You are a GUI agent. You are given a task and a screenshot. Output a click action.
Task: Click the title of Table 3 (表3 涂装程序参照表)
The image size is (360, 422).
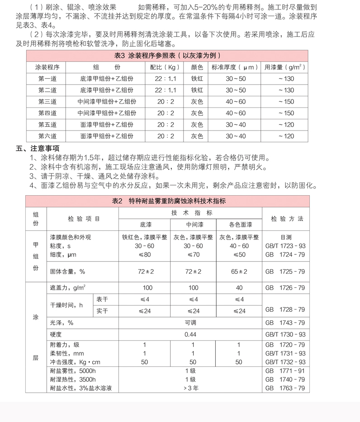coord(167,56)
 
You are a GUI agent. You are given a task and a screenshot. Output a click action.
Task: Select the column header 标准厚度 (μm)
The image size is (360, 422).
coord(236,67)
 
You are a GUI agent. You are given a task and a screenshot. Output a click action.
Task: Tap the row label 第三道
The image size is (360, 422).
coord(47,102)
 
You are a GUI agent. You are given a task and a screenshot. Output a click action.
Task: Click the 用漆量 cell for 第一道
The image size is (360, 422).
coord(286,79)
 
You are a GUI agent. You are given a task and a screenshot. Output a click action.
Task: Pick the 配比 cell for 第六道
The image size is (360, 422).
coord(166,136)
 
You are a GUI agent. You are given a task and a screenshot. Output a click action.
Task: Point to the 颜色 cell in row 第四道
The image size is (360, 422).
coord(197,113)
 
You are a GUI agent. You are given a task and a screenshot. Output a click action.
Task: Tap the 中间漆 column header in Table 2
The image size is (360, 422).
coord(193,225)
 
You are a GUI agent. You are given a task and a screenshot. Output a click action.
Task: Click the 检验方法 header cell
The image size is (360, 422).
coord(287,219)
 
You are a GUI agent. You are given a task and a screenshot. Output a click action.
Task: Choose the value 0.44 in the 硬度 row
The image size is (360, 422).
coord(190,334)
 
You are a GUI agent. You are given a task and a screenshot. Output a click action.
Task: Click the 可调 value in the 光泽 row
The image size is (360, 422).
coord(190,323)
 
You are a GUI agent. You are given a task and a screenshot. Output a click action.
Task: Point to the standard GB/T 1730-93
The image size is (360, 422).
coord(285,334)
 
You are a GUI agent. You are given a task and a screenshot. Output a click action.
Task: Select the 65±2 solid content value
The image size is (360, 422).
coord(239,272)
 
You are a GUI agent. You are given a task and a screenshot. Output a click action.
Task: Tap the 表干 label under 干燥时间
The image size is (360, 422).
coord(101,299)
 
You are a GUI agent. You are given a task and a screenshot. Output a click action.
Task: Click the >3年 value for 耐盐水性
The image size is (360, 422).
coord(190,388)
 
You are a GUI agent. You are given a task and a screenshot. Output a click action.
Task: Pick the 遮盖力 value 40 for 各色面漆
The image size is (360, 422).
coord(239,288)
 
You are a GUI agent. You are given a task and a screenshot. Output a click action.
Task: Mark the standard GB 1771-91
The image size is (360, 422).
coord(285,370)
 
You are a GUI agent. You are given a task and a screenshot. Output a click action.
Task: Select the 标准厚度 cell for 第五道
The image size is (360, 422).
coord(236,125)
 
